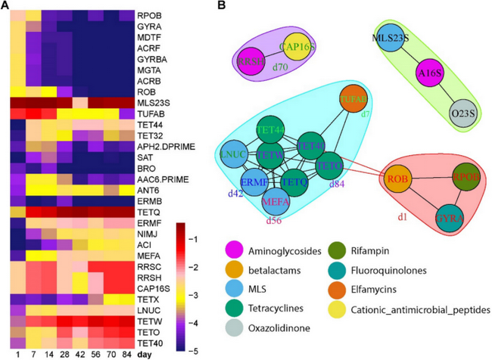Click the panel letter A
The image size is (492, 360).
[6, 6]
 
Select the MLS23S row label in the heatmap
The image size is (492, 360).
[152, 101]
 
